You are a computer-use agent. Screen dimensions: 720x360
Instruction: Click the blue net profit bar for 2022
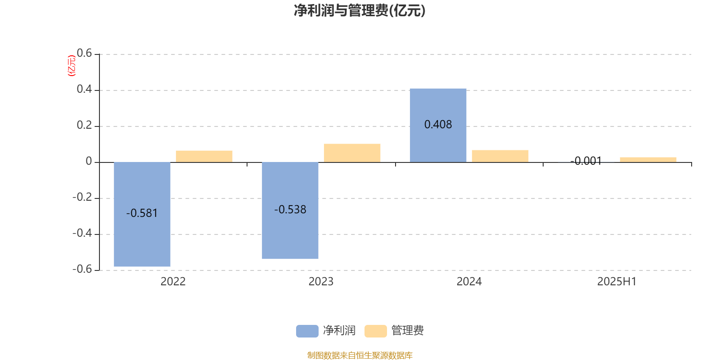point(142,214)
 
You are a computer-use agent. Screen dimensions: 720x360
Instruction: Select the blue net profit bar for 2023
point(290,211)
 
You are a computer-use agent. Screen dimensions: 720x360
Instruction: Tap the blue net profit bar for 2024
point(438,126)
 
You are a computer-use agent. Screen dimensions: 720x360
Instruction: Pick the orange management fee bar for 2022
point(204,157)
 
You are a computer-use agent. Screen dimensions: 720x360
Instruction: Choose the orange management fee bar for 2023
point(352,153)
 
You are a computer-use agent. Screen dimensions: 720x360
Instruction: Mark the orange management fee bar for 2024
point(500,156)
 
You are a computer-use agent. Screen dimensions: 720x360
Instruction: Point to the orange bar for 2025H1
point(648,160)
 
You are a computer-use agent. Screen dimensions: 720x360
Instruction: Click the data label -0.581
point(142,213)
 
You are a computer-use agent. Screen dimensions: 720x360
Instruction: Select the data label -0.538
point(290,210)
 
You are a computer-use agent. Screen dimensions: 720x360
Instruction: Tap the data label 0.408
point(438,124)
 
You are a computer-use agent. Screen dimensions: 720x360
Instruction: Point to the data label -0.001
point(585,161)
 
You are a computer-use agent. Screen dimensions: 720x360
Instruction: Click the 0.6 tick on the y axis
point(84,53)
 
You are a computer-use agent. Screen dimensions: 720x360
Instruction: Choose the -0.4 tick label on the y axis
point(82,233)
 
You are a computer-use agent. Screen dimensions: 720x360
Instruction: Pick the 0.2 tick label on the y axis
point(84,125)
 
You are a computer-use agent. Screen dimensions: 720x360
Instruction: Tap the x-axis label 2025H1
point(617,282)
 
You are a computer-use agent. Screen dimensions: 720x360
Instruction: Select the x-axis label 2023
point(321,282)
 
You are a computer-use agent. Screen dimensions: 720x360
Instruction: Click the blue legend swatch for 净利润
point(307,331)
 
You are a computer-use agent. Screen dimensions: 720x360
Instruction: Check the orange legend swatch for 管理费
point(375,331)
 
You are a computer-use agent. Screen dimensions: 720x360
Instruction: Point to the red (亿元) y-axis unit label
point(72,66)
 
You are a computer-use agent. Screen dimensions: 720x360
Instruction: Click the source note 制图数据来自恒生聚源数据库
point(360,355)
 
